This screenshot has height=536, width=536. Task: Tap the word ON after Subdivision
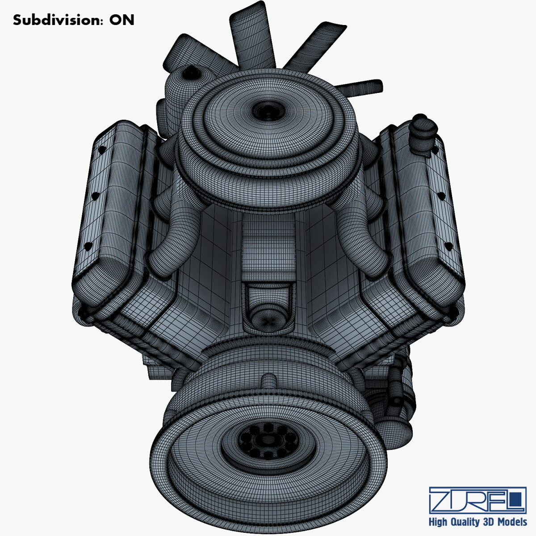tap(121, 20)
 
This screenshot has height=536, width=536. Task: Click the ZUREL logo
tap(477, 500)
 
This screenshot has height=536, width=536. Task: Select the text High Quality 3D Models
tap(477, 522)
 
